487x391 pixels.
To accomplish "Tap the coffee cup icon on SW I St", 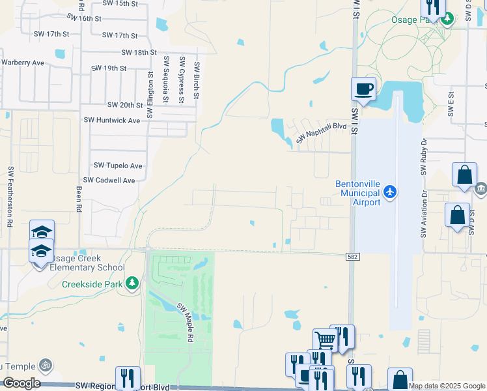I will pyautogui.click(x=364, y=88).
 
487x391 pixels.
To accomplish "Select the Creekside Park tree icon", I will pyautogui.click(x=132, y=283).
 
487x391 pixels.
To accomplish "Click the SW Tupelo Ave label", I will pyautogui.click(x=118, y=166).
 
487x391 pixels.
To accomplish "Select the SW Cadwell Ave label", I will pyautogui.click(x=109, y=181).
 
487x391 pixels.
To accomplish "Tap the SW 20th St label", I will pyautogui.click(x=125, y=105).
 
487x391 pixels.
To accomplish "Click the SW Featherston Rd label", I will pyautogui.click(x=11, y=196).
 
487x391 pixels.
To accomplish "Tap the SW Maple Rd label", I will pyautogui.click(x=186, y=323).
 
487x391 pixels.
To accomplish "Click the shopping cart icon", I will pyautogui.click(x=325, y=339).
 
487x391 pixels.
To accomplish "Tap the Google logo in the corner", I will pyautogui.click(x=22, y=383).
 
